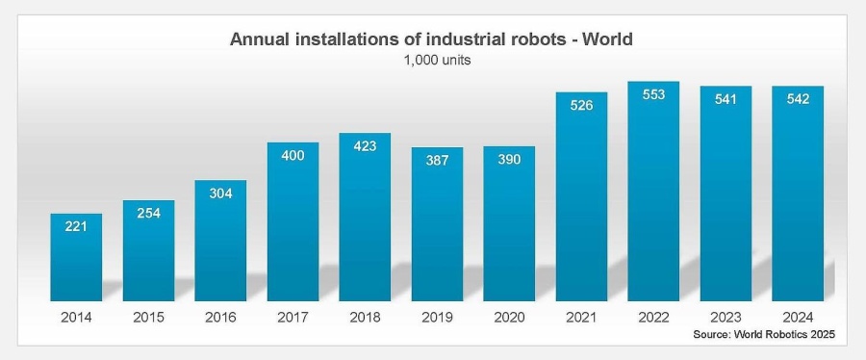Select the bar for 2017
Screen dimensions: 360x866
tap(293, 221)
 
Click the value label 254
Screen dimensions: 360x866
tap(148, 214)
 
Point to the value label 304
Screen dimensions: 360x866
tap(220, 193)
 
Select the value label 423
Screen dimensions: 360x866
tap(365, 146)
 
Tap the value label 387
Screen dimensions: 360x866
tap(437, 161)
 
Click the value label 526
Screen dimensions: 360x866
tap(581, 105)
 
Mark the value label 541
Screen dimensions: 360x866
tap(726, 99)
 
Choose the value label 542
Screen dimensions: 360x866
tap(798, 99)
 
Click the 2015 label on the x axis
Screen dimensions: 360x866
tap(148, 315)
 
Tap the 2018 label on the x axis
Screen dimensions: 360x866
tap(365, 315)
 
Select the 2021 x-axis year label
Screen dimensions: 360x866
tap(581, 315)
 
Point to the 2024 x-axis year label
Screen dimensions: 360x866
tap(798, 315)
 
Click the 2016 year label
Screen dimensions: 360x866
tap(220, 315)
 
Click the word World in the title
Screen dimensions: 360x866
tap(608, 39)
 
